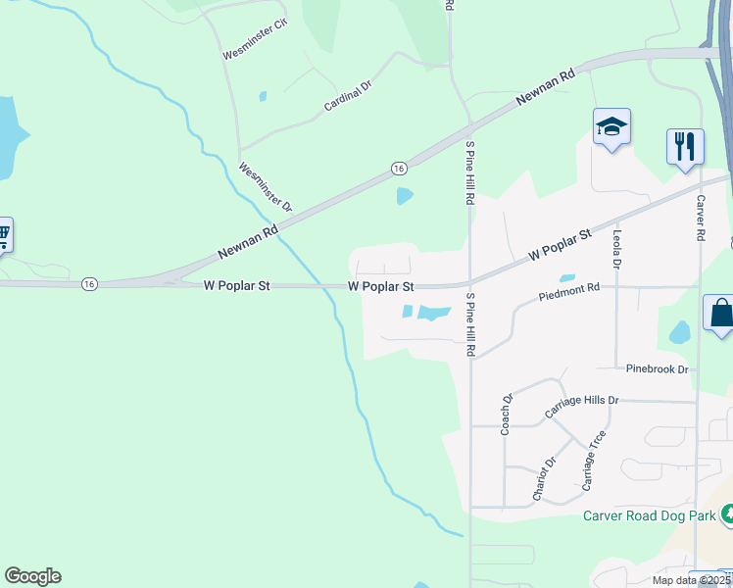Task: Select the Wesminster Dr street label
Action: click(266, 187)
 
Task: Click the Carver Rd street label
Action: click(702, 218)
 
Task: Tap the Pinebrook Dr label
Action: click(658, 369)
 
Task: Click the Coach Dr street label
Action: click(508, 414)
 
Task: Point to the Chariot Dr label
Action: click(544, 479)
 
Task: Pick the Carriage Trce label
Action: click(594, 460)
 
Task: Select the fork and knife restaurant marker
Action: click(685, 147)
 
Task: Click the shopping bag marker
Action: click(720, 314)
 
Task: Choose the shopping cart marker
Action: click(3, 233)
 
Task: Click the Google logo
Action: click(32, 576)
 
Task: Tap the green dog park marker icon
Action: click(726, 513)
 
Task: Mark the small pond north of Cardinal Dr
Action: click(262, 96)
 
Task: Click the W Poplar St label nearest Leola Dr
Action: click(561, 244)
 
